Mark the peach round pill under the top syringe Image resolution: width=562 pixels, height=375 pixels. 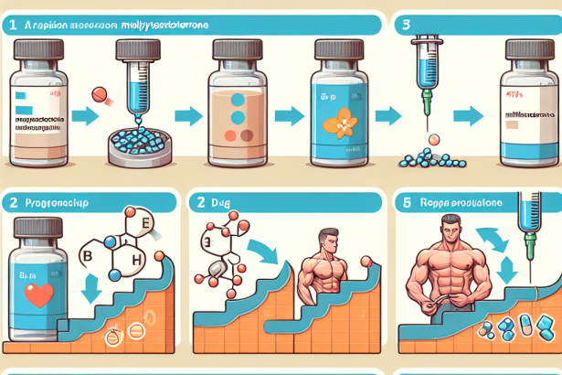435,140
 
